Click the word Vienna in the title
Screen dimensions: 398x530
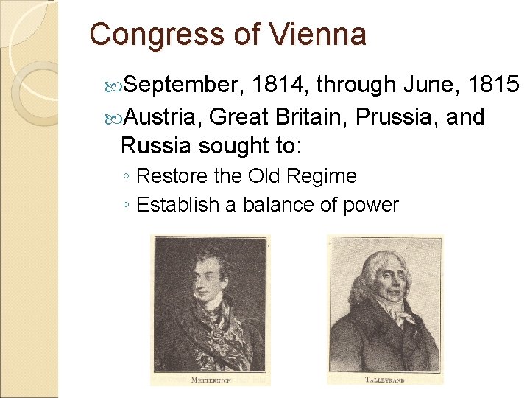tap(317, 35)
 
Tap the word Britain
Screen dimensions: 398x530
tap(310, 116)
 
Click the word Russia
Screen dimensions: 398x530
tap(156, 146)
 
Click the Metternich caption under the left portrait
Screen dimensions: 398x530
tap(211, 379)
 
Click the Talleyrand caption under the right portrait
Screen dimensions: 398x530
tap(386, 379)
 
